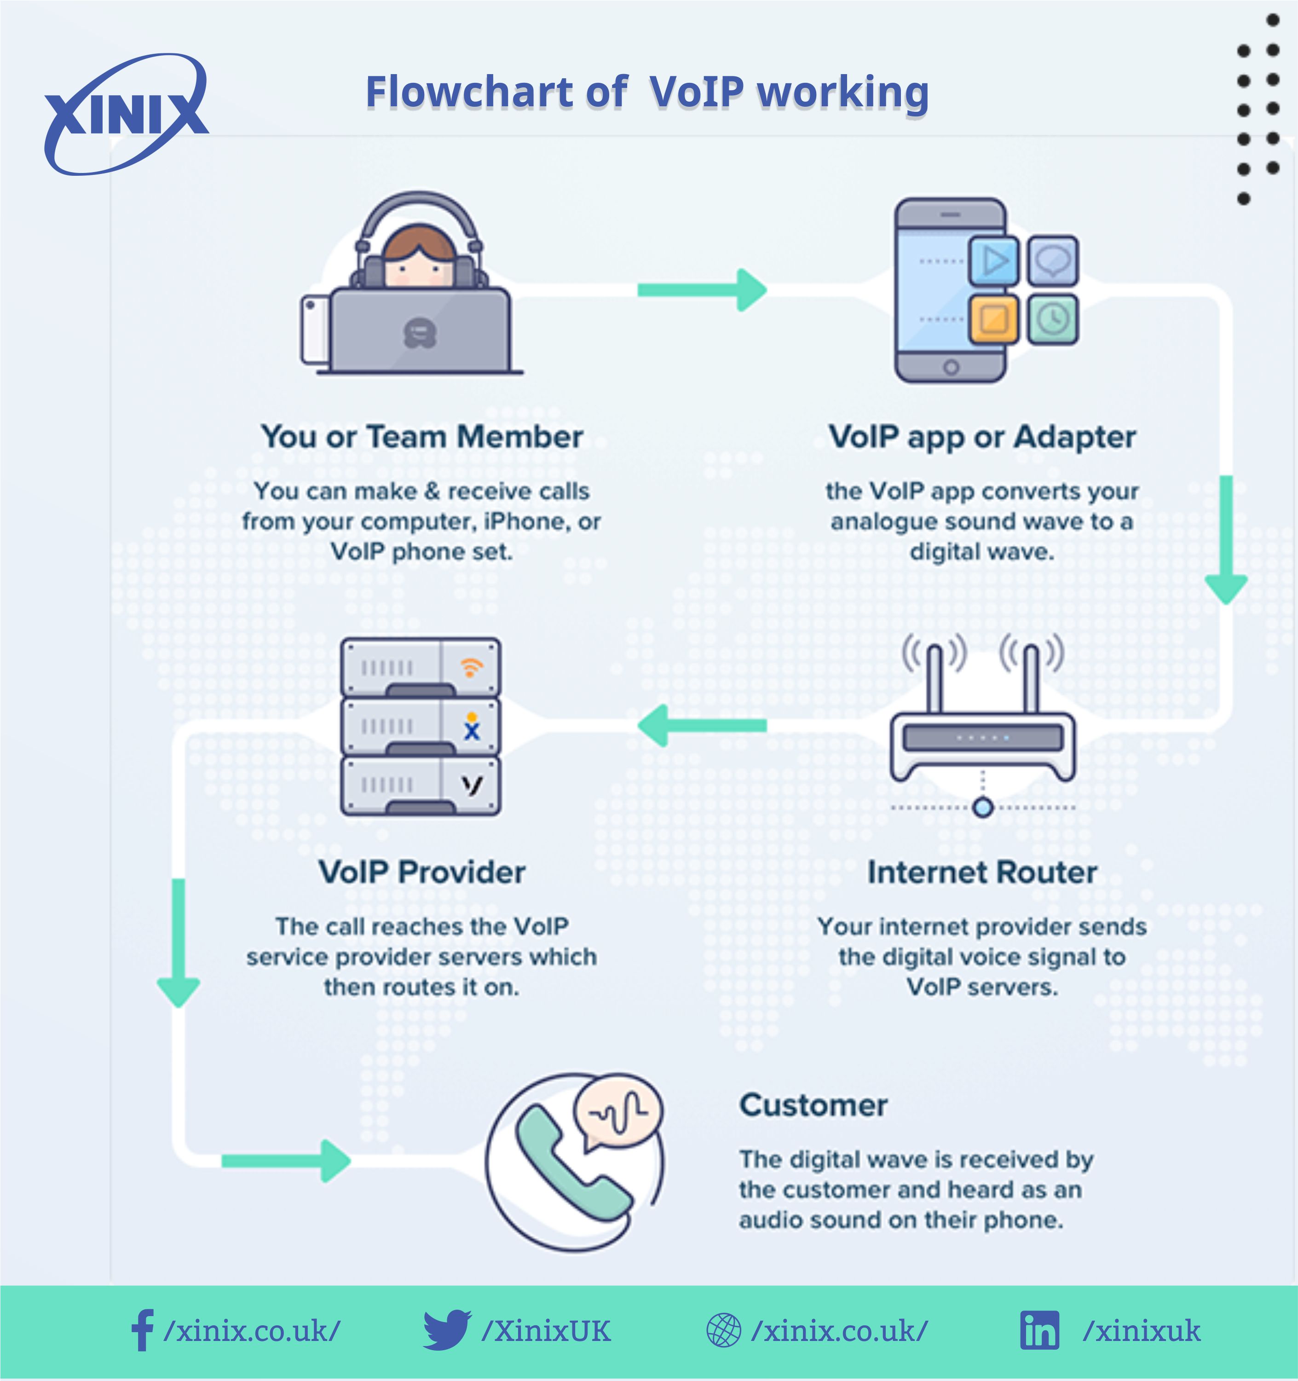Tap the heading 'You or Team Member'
tap(421, 437)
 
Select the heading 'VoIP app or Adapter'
tap(981, 437)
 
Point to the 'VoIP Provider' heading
tap(421, 872)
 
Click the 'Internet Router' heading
tap(982, 872)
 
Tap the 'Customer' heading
tap(813, 1104)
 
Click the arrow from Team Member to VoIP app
tap(701, 289)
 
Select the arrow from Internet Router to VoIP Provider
tap(701, 725)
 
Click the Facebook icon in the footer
tap(142, 1330)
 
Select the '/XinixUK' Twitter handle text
tap(546, 1331)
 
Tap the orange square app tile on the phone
tap(994, 319)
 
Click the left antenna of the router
tap(935, 677)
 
